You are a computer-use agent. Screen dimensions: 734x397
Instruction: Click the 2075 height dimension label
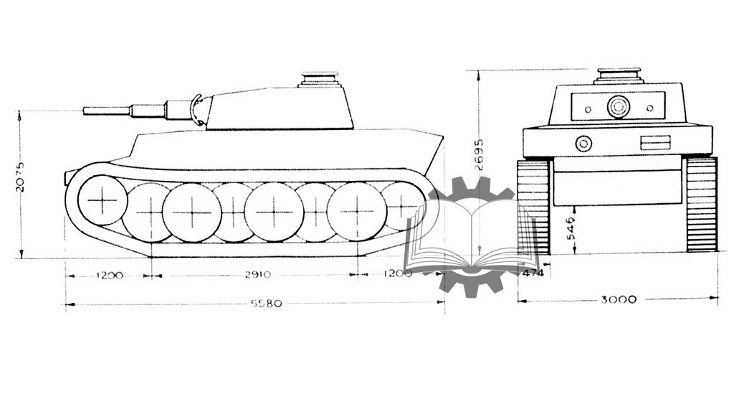pyautogui.click(x=20, y=177)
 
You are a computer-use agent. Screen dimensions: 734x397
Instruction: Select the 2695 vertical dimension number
pyautogui.click(x=479, y=154)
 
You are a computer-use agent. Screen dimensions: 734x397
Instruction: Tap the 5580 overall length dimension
pyautogui.click(x=267, y=304)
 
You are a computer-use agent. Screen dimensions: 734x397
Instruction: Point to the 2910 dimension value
pyautogui.click(x=258, y=275)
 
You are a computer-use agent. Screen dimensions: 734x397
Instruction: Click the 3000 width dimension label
pyautogui.click(x=619, y=299)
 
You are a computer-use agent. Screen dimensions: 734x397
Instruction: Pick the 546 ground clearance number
pyautogui.click(x=571, y=228)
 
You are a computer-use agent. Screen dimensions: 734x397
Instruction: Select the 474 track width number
pyautogui.click(x=533, y=273)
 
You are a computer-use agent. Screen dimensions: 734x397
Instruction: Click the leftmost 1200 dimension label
pyautogui.click(x=110, y=275)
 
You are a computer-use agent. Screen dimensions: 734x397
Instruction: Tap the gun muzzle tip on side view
pyautogui.click(x=85, y=111)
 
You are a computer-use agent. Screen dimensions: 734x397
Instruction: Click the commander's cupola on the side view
pyautogui.click(x=319, y=80)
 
